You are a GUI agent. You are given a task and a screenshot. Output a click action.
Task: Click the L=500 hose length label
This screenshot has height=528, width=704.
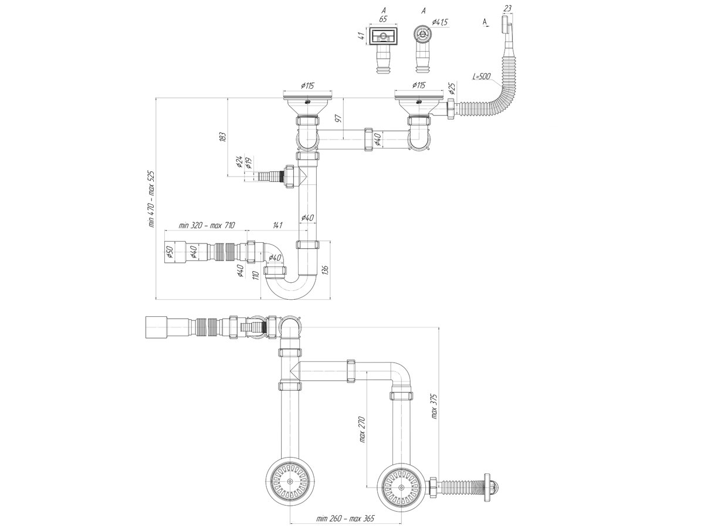point(482,77)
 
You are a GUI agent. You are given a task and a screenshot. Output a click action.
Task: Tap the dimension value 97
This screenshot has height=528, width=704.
point(339,119)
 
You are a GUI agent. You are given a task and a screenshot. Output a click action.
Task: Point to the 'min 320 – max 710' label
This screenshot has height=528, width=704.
point(207,225)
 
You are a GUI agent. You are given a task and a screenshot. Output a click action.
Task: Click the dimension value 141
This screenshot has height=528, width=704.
point(277,225)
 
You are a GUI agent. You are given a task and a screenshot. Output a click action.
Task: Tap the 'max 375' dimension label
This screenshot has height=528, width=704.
point(434,406)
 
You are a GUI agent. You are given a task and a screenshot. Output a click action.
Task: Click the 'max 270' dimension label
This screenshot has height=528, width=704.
point(363,429)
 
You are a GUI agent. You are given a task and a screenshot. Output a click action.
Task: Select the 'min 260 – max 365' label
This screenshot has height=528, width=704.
point(345,519)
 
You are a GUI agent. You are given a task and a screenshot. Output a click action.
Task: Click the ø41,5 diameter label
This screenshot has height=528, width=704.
point(440,22)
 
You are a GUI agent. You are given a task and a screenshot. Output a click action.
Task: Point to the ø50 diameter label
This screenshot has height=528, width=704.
point(170,253)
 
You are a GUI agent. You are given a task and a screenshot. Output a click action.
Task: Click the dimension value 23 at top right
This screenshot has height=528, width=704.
point(507,8)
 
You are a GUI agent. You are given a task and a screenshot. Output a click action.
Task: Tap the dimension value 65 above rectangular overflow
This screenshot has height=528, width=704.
point(383,19)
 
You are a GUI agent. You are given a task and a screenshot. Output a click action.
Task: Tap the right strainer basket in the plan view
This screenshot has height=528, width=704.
point(401,488)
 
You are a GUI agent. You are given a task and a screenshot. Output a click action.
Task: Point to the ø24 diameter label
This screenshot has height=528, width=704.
point(239,163)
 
